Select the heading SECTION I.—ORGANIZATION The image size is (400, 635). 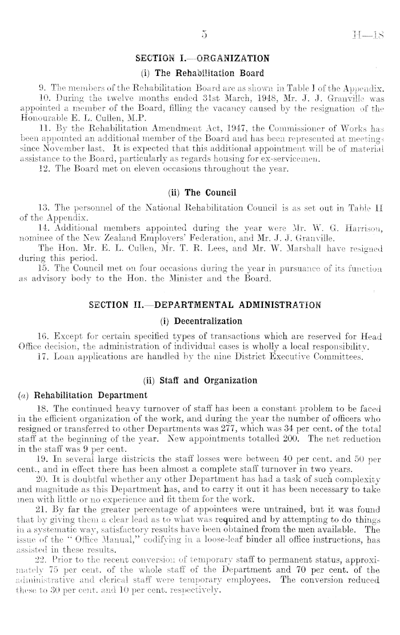(x=203, y=58)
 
